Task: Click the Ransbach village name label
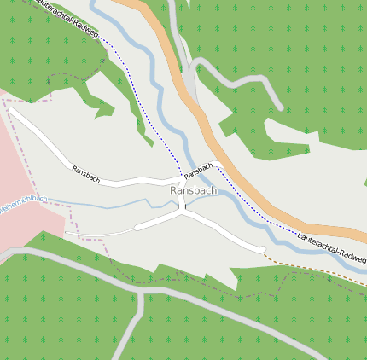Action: (193, 190)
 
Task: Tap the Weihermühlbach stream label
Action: (20, 206)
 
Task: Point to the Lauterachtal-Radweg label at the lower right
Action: (333, 246)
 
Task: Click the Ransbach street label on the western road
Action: (86, 174)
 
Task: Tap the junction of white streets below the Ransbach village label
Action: (181, 213)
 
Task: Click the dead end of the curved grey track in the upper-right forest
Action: (280, 107)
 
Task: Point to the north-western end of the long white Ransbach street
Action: (11, 109)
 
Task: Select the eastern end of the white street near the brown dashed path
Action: (261, 250)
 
